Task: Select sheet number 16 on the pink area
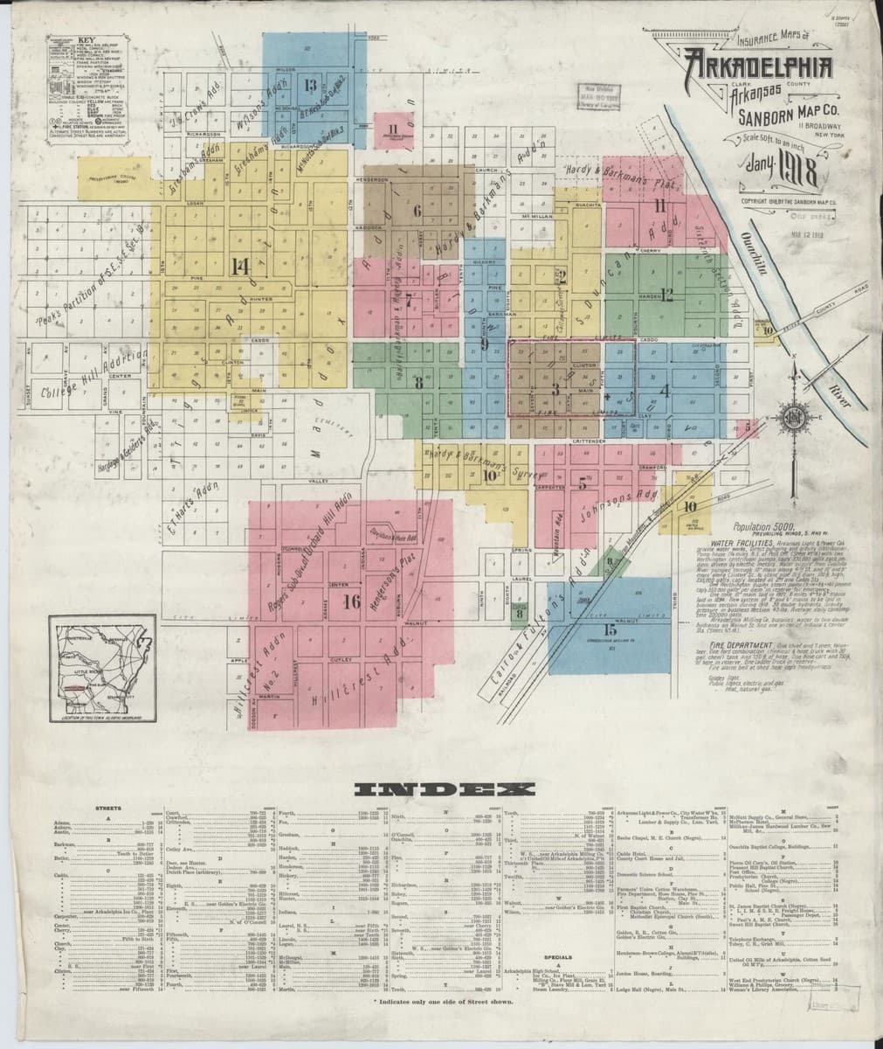(351, 601)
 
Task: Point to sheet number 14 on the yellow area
(240, 267)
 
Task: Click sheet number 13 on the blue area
(310, 85)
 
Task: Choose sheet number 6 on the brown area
(417, 210)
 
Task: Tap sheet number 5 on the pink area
(582, 486)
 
